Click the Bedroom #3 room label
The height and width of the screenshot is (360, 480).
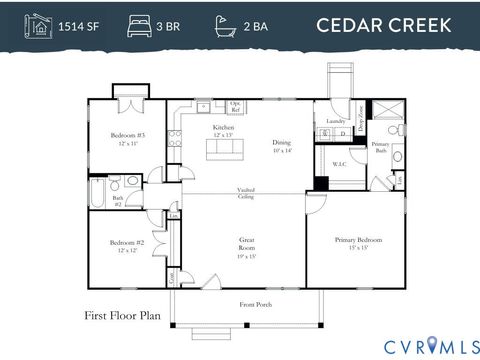pyautogui.click(x=128, y=136)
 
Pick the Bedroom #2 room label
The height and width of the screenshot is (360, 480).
pyautogui.click(x=128, y=244)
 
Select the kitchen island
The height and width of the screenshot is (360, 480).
pyautogui.click(x=224, y=148)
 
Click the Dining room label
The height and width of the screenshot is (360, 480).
pyautogui.click(x=281, y=144)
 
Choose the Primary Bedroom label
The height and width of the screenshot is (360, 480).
pyautogui.click(x=356, y=240)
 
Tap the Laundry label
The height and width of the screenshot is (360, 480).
pyautogui.click(x=335, y=122)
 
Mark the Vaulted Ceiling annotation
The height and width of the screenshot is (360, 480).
pyautogui.click(x=246, y=193)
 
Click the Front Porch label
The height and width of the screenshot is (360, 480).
pyautogui.click(x=255, y=304)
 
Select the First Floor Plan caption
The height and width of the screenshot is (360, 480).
pyautogui.click(x=122, y=315)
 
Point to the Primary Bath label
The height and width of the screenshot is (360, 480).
pyautogui.click(x=380, y=147)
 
